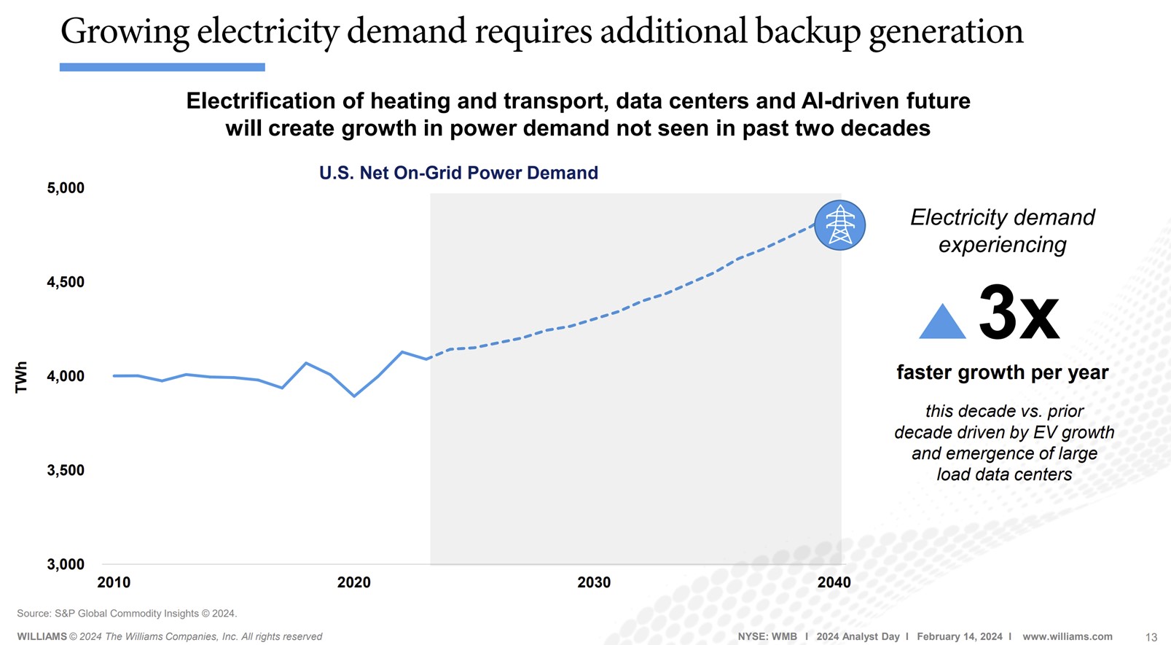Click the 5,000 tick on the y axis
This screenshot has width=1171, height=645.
click(x=66, y=188)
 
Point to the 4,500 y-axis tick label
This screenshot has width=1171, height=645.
click(x=66, y=282)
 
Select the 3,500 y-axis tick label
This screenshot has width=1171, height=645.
click(x=66, y=470)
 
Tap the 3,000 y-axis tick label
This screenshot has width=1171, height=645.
click(x=66, y=564)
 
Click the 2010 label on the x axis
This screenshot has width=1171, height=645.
click(x=114, y=582)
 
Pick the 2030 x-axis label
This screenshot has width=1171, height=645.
click(x=594, y=582)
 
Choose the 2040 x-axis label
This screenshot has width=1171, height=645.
click(x=834, y=582)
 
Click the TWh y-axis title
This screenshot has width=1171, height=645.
click(x=21, y=377)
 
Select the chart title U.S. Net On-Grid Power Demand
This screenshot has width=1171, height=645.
click(x=458, y=173)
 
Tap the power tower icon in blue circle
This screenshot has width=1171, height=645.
click(x=839, y=225)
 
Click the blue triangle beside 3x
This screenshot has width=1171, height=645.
click(x=942, y=323)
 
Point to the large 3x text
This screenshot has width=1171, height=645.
click(x=1018, y=313)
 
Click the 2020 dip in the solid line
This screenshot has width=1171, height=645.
click(x=354, y=396)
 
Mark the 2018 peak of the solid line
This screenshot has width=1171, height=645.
click(x=306, y=363)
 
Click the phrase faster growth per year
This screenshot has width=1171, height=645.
click(x=1002, y=372)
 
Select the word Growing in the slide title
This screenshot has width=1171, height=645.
click(x=125, y=32)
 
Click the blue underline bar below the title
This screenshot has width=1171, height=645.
click(x=162, y=67)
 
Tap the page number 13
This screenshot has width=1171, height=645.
click(x=1151, y=637)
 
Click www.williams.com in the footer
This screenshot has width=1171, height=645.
click(x=1067, y=636)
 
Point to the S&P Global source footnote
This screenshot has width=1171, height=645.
click(x=127, y=614)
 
